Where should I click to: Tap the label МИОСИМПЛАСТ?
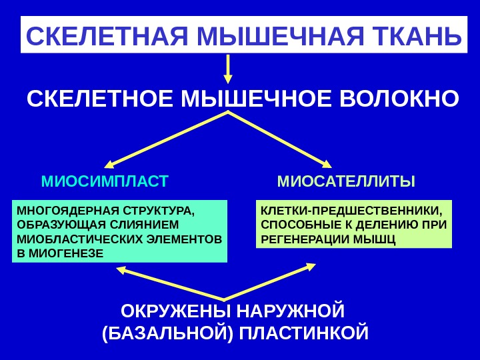(105, 181)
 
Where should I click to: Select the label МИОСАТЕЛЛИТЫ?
(346, 181)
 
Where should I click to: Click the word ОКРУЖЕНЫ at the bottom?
(165, 311)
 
